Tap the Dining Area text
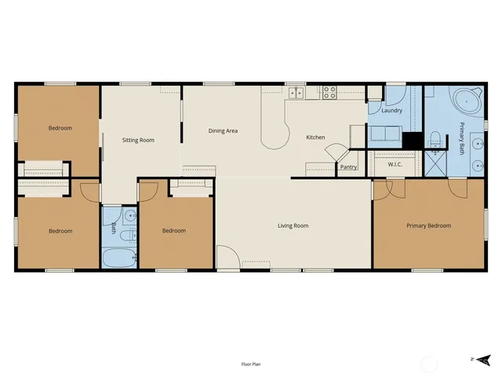pyautogui.click(x=223, y=131)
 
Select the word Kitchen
pyautogui.click(x=315, y=137)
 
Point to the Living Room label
pyautogui.click(x=293, y=226)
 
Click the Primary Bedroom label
pyautogui.click(x=428, y=226)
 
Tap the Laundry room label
pyautogui.click(x=391, y=111)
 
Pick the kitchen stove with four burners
pyautogui.click(x=329, y=93)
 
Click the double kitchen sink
pyautogui.click(x=296, y=93)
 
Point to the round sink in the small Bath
pyautogui.click(x=130, y=214)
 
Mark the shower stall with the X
pyautogui.click(x=434, y=166)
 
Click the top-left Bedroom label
pyautogui.click(x=60, y=128)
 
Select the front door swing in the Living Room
pyautogui.click(x=227, y=258)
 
